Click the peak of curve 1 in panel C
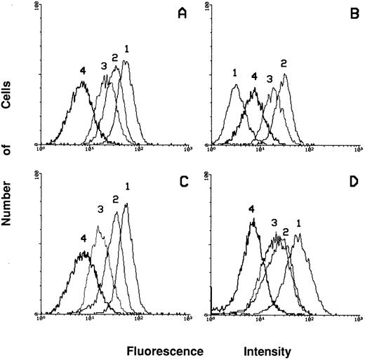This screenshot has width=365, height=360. [126, 204]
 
